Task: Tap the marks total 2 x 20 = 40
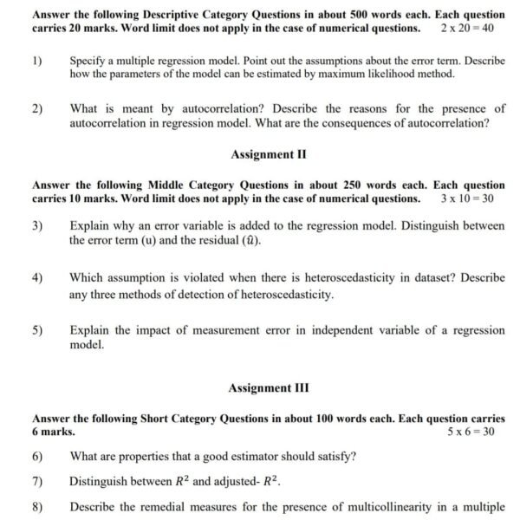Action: click(466, 29)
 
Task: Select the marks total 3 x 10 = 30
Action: click(466, 198)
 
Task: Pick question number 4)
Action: click(37, 278)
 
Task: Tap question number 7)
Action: click(37, 481)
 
